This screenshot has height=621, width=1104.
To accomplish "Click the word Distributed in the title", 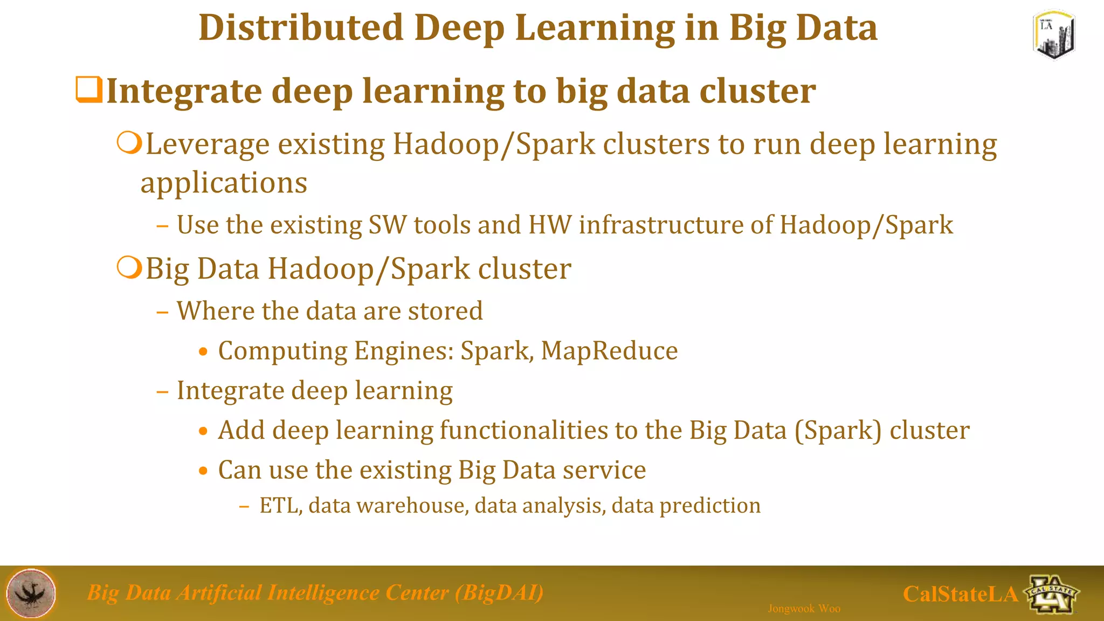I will click(301, 28).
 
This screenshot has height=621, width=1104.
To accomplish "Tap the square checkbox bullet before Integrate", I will click(88, 90).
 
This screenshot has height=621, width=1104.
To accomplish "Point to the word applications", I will click(224, 183).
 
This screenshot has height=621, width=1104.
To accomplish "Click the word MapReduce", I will click(609, 351).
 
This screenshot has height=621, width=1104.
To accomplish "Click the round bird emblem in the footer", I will click(31, 593).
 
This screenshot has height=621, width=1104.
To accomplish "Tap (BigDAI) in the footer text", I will click(499, 593).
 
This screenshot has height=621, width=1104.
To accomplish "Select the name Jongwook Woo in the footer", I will click(804, 609).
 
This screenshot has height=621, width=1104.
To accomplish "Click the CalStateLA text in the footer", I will click(960, 594).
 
